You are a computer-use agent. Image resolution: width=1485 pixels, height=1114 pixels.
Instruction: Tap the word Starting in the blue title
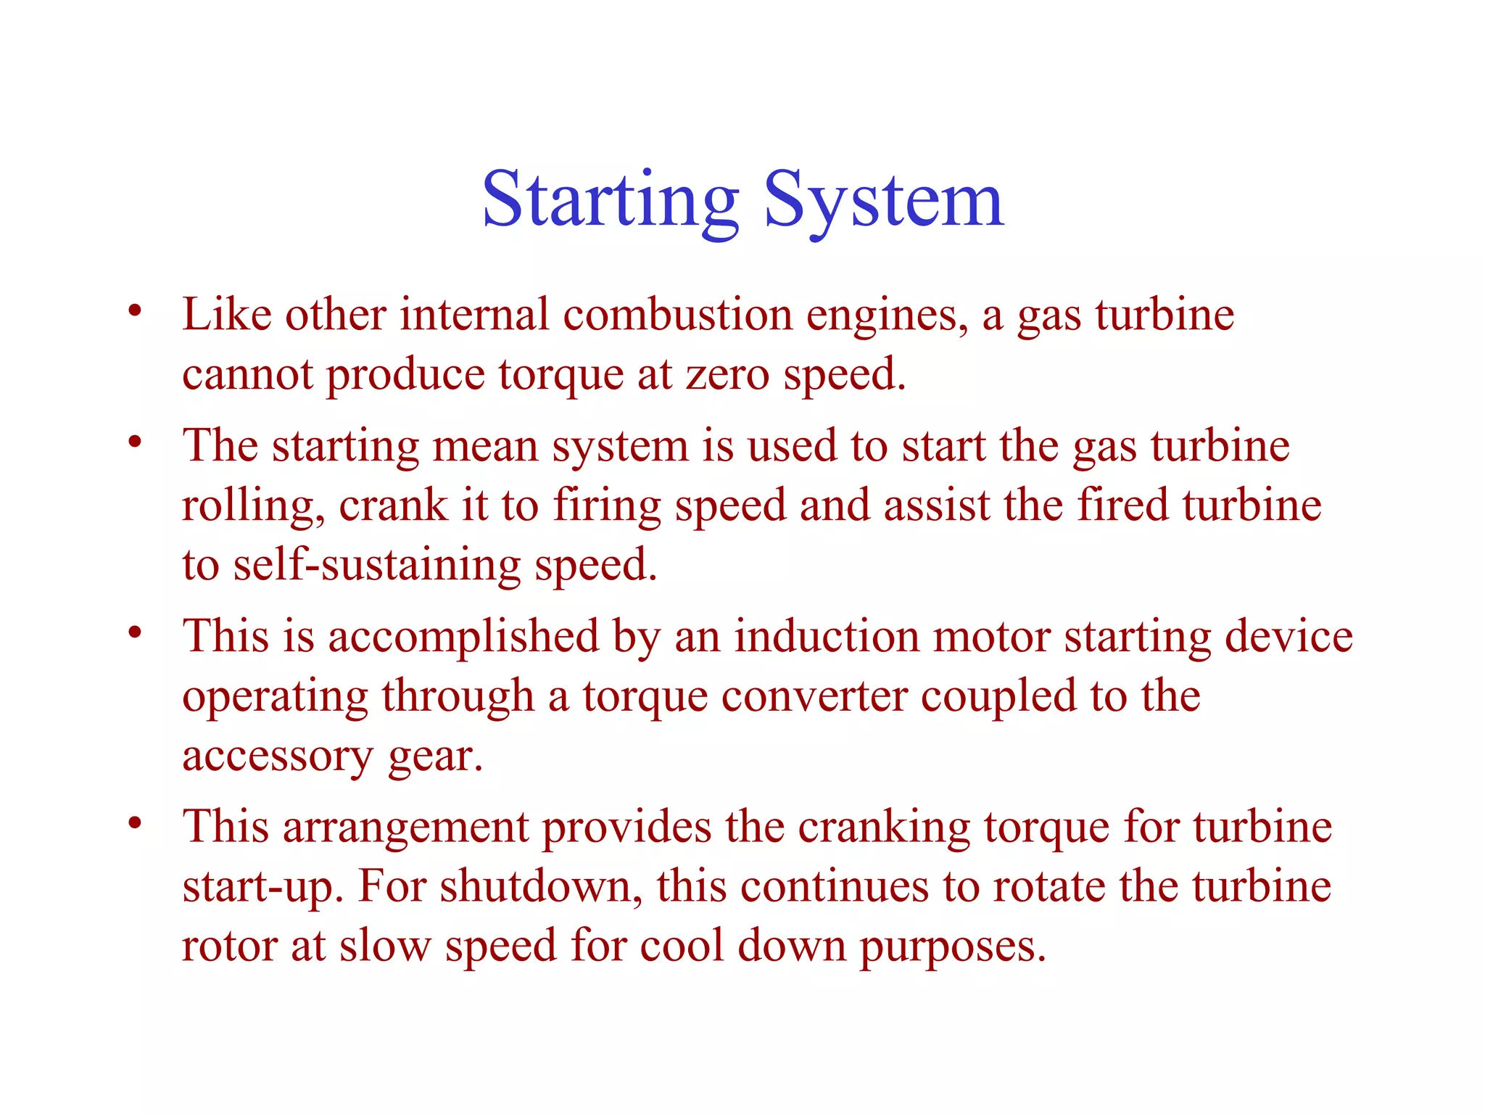point(610,199)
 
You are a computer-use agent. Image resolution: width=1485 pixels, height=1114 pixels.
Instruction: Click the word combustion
point(677,315)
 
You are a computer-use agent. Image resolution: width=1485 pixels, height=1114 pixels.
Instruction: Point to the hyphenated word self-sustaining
point(376,566)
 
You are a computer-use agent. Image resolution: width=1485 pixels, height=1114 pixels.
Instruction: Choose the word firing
point(607,506)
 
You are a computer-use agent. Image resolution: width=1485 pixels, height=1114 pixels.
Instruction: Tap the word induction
point(827,637)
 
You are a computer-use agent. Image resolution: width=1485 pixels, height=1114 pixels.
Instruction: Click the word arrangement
point(406,828)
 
